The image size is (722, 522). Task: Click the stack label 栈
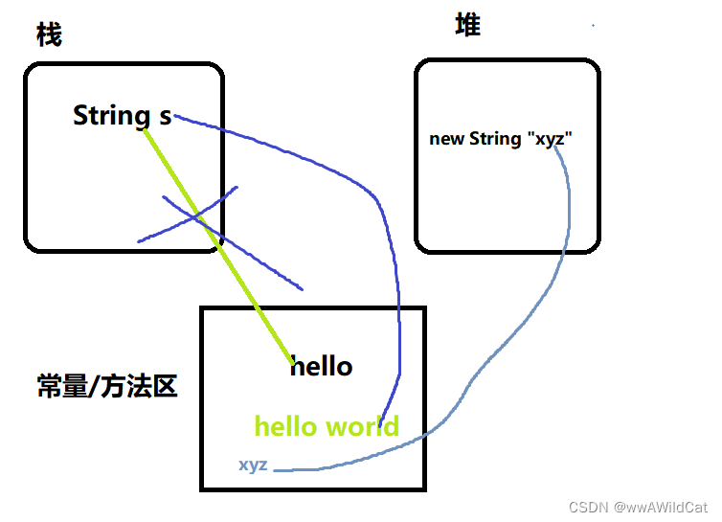coord(49,35)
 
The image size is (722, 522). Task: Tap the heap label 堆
coord(467,26)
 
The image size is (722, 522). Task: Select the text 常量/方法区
coord(106,387)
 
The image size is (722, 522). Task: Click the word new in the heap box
coord(446,139)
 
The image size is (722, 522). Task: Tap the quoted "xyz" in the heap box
coord(547,139)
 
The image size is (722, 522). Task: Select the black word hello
coord(323,366)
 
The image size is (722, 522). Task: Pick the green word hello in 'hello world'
coord(285,426)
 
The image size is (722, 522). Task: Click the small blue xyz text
coord(253,465)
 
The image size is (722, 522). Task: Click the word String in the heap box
coord(494,139)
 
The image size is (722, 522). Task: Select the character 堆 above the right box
coord(467,26)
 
